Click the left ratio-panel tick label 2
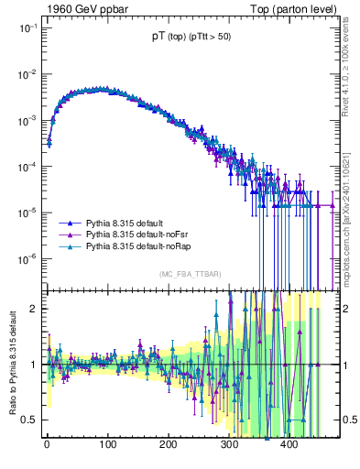[33, 309]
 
